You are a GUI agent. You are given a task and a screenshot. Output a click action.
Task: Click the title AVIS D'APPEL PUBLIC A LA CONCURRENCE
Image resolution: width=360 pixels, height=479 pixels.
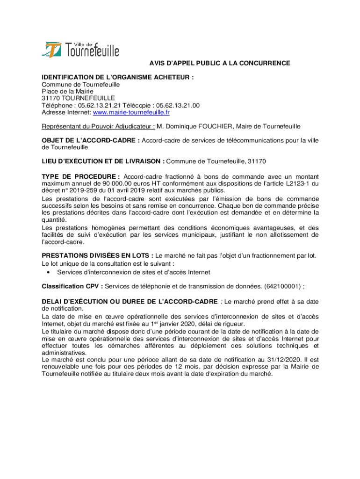pyautogui.click(x=220, y=63)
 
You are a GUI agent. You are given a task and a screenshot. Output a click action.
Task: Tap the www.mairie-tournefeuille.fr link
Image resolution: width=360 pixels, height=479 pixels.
pyautogui.click(x=131, y=113)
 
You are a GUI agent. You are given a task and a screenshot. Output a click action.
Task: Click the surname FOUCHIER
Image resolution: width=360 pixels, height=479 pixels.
pyautogui.click(x=214, y=126)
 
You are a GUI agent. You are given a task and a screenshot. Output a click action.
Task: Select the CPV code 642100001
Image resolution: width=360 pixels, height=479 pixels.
pyautogui.click(x=283, y=286)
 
